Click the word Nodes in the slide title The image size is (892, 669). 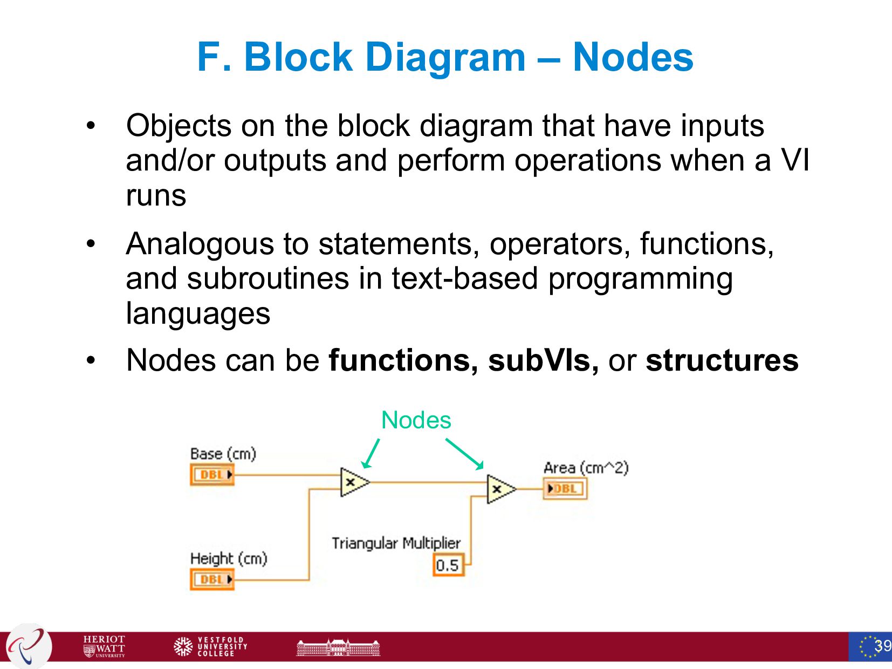[x=633, y=57]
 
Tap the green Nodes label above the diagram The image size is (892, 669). [x=416, y=420]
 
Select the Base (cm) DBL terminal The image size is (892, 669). [x=212, y=475]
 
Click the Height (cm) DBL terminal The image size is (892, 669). [x=212, y=579]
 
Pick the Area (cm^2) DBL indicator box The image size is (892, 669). [x=565, y=489]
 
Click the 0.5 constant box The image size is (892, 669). [x=448, y=565]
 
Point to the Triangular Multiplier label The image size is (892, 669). [x=396, y=543]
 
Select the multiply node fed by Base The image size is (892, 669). [x=353, y=482]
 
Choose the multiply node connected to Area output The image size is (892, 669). [x=499, y=489]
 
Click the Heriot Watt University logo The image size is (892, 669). [x=104, y=646]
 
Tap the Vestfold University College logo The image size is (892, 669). [x=211, y=646]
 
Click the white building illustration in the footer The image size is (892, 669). [x=338, y=647]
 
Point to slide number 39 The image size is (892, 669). [x=882, y=646]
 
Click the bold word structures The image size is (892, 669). [x=722, y=360]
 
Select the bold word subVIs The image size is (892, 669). [x=543, y=360]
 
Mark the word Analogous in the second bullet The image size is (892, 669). [x=200, y=244]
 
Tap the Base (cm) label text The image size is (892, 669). [x=223, y=454]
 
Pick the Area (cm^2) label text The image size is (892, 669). [x=586, y=468]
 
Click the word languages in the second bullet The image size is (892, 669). [x=198, y=314]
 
